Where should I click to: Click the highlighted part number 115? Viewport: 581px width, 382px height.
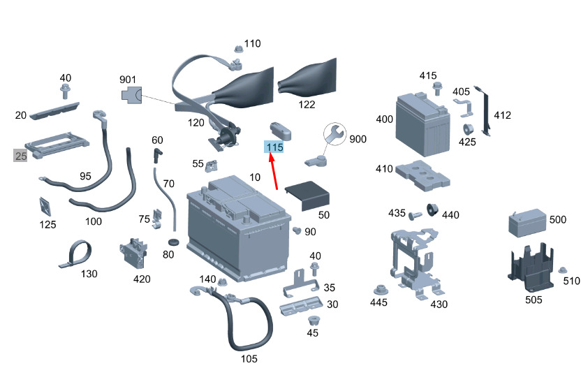274,147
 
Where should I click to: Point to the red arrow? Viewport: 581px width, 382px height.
274,172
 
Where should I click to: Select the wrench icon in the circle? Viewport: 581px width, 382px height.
334,134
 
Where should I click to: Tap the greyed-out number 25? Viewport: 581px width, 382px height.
21,156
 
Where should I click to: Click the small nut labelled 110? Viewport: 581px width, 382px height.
239,49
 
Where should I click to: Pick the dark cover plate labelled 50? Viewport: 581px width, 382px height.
307,196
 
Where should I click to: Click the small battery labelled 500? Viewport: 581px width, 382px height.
527,223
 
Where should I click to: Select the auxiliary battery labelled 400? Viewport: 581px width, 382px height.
422,124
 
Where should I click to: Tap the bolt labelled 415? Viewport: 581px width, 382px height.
438,89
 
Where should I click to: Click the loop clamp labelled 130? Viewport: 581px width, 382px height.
75,254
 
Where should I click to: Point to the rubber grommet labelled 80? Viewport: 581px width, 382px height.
173,242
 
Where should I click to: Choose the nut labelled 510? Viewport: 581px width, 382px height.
562,270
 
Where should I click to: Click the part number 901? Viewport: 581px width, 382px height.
128,80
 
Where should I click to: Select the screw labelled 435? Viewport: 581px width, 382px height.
415,215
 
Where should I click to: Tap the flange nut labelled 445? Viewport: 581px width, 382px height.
381,290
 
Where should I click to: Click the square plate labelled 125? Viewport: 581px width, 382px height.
45,207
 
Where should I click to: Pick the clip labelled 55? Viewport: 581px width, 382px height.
211,166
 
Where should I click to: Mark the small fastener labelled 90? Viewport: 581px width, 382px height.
297,230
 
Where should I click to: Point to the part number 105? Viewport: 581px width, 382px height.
249,359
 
